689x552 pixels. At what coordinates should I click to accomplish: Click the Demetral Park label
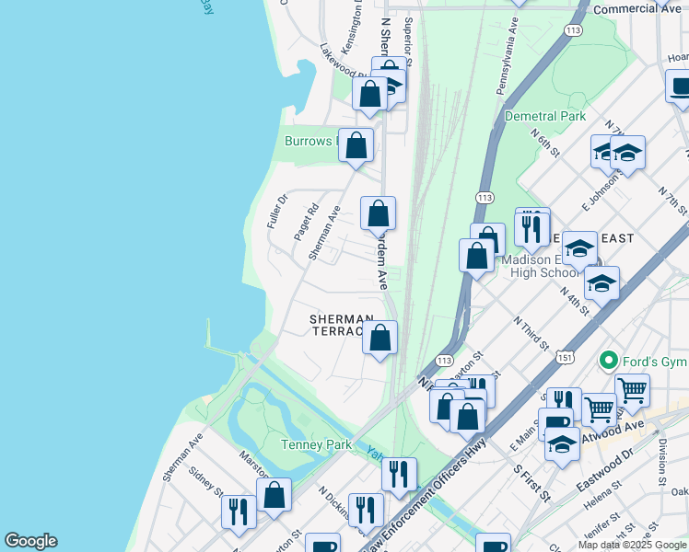[545, 116]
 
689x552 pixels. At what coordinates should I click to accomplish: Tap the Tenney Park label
[316, 445]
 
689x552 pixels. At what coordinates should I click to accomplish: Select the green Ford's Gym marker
[608, 360]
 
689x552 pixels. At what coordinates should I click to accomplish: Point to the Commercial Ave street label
[637, 9]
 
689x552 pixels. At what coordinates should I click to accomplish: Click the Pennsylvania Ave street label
[508, 65]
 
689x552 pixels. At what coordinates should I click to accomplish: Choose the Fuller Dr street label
[277, 211]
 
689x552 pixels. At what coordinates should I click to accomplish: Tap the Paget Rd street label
[306, 222]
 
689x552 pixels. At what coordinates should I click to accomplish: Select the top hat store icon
[680, 86]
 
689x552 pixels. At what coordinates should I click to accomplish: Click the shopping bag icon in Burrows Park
[356, 145]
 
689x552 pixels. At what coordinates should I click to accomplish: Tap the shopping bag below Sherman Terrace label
[380, 338]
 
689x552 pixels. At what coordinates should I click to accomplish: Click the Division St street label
[661, 461]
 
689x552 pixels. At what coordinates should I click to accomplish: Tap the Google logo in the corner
[30, 541]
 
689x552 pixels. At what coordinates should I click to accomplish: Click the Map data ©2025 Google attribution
[632, 545]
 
